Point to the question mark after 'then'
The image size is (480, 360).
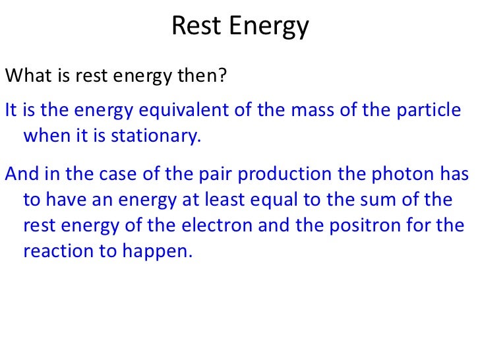click(x=223, y=76)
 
